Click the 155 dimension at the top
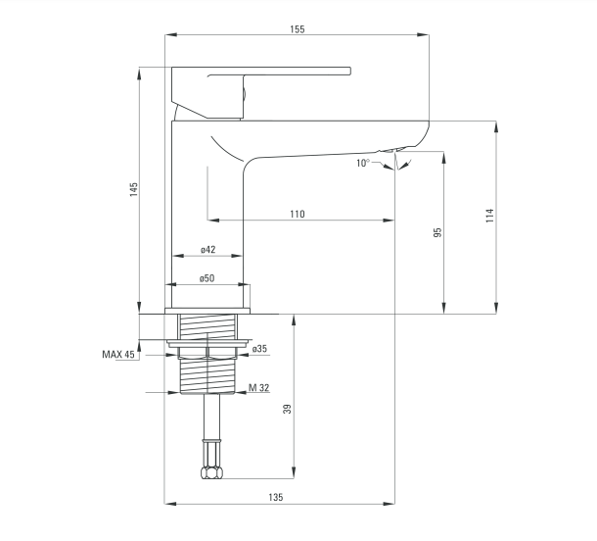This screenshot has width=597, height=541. [x=297, y=29]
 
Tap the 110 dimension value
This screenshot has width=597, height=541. [x=298, y=214]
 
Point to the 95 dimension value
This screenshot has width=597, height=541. [x=438, y=232]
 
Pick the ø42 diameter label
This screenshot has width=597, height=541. [x=207, y=249]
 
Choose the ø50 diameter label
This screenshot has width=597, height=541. [x=207, y=278]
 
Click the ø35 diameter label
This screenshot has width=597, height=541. [x=259, y=349]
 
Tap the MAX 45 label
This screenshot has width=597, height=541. [x=118, y=354]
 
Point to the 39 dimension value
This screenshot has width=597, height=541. [x=288, y=409]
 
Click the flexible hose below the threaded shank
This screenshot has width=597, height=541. [x=207, y=431]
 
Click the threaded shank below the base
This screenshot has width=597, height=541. [x=207, y=376]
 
